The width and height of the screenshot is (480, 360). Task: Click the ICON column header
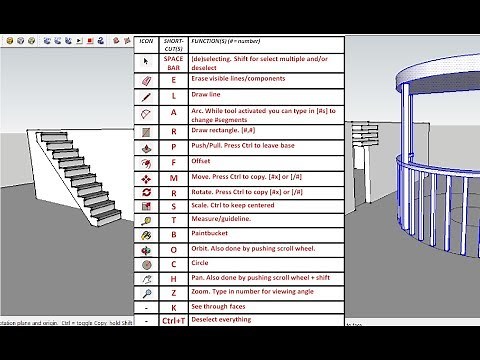click(x=146, y=44)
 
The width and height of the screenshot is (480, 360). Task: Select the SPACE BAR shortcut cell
click(x=174, y=62)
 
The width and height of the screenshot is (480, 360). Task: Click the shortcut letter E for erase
click(x=174, y=79)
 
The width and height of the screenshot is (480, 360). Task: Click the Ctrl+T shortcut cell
click(x=174, y=320)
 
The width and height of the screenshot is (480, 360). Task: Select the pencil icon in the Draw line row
click(x=146, y=96)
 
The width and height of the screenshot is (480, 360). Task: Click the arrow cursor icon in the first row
click(x=146, y=62)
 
